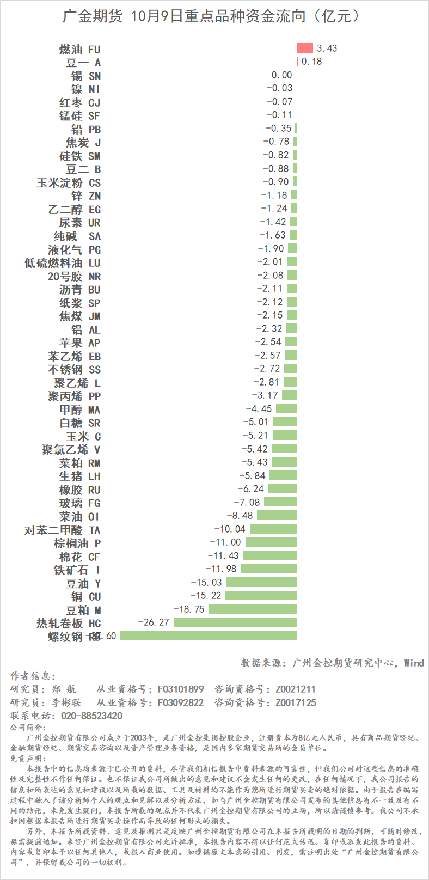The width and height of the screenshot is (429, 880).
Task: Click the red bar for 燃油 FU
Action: click(305, 48)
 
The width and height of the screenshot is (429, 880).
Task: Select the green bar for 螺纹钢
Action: click(209, 635)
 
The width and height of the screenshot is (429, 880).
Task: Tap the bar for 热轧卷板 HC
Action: click(235, 622)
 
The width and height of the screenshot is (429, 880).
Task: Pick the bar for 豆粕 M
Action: click(253, 609)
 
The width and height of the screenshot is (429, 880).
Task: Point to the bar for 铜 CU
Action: click(261, 596)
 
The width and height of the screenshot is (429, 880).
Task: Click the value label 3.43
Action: click(327, 48)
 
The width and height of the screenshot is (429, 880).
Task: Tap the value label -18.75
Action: click(189, 609)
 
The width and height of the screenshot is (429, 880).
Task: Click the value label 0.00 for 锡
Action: click(281, 75)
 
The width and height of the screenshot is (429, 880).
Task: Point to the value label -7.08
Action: click(247, 502)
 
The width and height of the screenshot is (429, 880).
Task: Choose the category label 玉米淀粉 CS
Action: click(69, 182)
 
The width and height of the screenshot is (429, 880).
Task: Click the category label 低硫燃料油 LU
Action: click(63, 263)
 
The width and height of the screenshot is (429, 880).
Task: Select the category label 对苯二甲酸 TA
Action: click(63, 530)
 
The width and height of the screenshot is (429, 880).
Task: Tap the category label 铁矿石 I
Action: click(77, 570)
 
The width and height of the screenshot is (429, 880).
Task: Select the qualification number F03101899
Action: click(181, 689)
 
